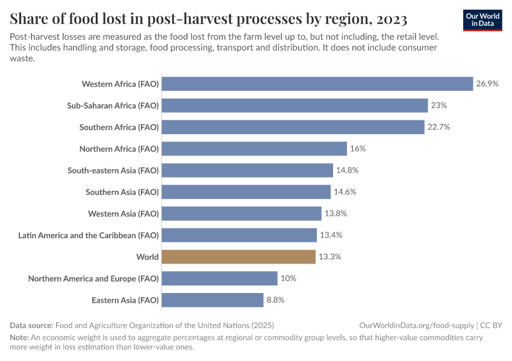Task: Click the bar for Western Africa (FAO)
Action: (x=317, y=84)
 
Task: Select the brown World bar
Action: (x=239, y=257)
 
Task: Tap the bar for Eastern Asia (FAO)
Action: (x=213, y=300)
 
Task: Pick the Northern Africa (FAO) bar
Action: (x=254, y=149)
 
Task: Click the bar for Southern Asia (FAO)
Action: (x=246, y=192)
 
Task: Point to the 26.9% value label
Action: (x=487, y=84)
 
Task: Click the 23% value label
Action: (x=439, y=105)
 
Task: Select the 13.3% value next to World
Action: (x=330, y=257)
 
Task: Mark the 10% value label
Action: (x=289, y=279)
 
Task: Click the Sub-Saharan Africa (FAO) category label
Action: (x=113, y=105)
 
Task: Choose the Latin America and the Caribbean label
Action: (x=89, y=235)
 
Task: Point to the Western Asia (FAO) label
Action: (x=123, y=214)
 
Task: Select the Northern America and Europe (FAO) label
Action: (x=93, y=279)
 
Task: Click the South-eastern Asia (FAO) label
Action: (x=113, y=170)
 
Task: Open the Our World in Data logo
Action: (x=482, y=20)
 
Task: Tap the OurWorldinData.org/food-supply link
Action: (x=415, y=325)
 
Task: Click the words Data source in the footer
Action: (x=31, y=325)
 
